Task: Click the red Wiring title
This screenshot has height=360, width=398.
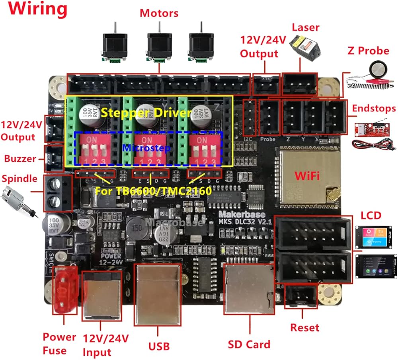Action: (35, 9)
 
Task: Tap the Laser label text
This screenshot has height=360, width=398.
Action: (305, 28)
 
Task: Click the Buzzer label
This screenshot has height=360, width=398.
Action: (20, 159)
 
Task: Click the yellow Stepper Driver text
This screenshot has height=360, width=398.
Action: (146, 113)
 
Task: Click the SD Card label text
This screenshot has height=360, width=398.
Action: (249, 344)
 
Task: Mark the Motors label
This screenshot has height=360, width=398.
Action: (159, 13)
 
